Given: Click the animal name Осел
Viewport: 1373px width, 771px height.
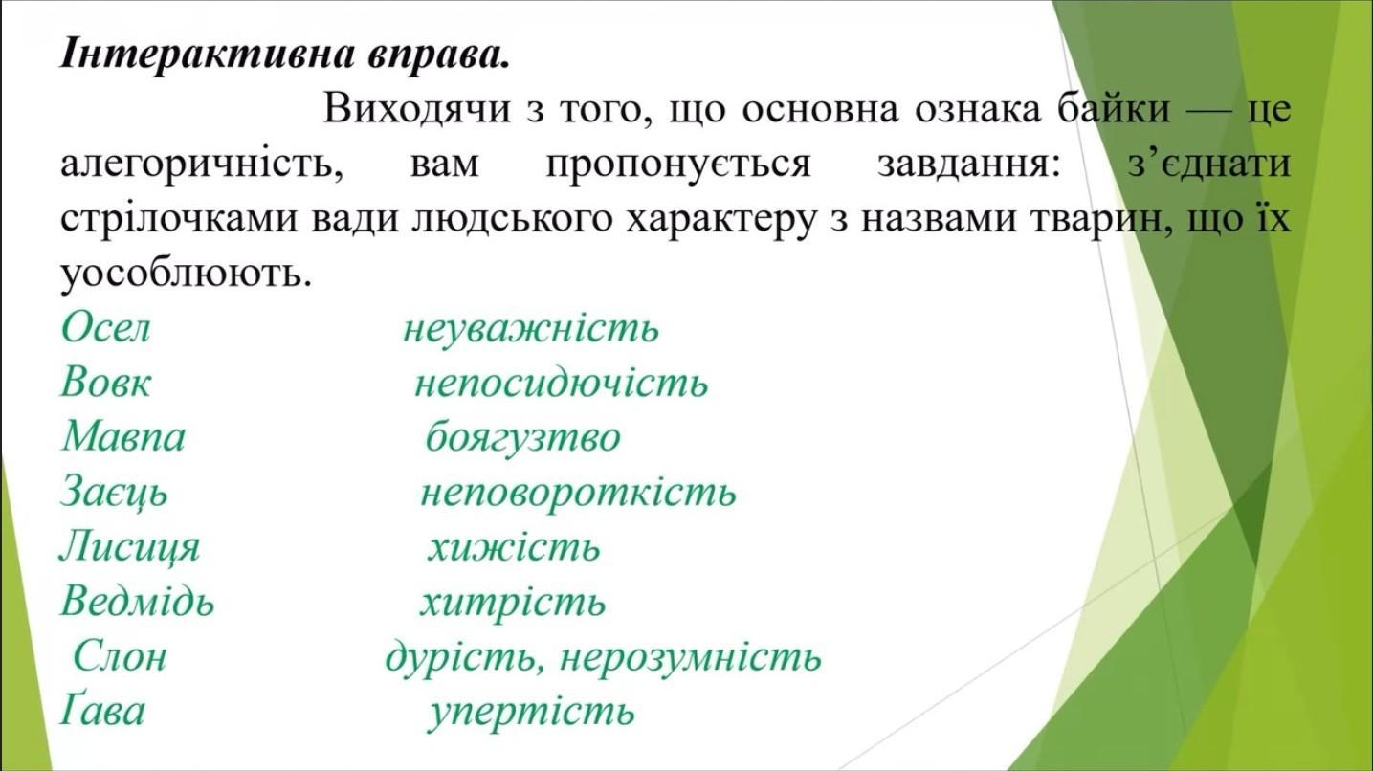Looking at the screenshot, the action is click(x=105, y=328).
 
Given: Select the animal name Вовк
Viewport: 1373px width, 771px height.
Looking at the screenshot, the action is click(x=105, y=382).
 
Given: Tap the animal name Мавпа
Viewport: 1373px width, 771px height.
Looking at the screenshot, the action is click(x=123, y=436).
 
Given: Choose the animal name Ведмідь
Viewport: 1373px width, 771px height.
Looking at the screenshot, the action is click(x=138, y=601).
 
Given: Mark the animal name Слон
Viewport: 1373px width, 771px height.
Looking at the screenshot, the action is click(x=120, y=656).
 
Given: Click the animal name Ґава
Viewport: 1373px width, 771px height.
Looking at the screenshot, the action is click(x=102, y=711).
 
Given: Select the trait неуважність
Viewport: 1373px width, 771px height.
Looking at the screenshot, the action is click(x=531, y=329).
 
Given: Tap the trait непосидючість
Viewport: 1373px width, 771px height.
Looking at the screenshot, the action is click(x=562, y=383).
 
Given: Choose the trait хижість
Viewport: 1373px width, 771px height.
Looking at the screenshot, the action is click(x=514, y=547).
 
